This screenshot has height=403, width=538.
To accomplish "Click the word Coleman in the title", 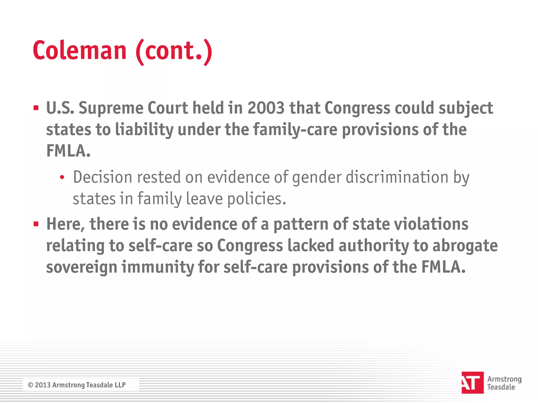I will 80,50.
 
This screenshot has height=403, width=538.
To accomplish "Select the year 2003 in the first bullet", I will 266,108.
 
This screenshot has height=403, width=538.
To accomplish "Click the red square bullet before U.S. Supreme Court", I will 36,108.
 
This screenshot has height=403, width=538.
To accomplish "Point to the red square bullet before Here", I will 36,224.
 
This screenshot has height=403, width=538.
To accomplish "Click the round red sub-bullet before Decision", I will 62,178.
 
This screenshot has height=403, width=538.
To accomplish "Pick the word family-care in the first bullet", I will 295,130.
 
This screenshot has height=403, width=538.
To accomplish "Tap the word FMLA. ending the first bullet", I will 68,151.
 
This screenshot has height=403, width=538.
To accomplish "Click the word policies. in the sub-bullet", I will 256,199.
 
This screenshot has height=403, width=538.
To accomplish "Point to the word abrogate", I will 465,246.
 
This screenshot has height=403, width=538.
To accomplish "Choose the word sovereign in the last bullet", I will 81,267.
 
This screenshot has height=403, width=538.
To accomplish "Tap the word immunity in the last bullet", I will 157,267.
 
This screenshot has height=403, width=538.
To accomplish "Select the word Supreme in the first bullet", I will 111,108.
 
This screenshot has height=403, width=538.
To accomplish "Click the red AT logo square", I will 472,383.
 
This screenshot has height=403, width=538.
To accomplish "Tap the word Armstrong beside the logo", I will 504,379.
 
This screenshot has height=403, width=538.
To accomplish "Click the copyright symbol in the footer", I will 30,385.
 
